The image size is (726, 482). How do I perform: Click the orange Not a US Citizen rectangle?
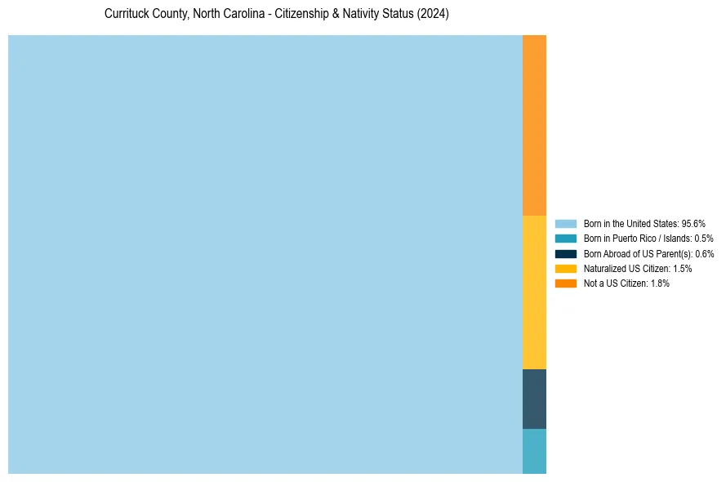(x=534, y=125)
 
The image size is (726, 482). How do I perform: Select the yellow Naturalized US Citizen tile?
(x=534, y=292)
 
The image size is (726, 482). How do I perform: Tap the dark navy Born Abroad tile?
(x=534, y=399)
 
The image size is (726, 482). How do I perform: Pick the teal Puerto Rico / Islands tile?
(x=534, y=451)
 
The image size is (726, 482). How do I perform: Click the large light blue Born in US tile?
(x=265, y=254)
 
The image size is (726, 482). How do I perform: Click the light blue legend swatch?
(x=566, y=223)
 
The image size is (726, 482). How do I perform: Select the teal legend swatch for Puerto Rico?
(x=566, y=239)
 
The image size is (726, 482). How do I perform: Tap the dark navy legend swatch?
(x=566, y=253)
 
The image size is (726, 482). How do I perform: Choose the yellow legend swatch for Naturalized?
(x=566, y=268)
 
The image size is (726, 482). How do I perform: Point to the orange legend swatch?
(x=566, y=283)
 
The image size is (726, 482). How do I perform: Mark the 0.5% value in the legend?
(x=704, y=239)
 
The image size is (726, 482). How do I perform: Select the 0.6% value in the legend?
(x=704, y=253)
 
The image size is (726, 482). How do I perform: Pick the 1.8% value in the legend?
(x=659, y=283)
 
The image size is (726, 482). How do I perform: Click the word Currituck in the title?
(x=127, y=15)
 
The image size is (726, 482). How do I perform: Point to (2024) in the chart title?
(x=433, y=15)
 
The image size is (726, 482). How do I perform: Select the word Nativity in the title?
(x=357, y=15)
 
